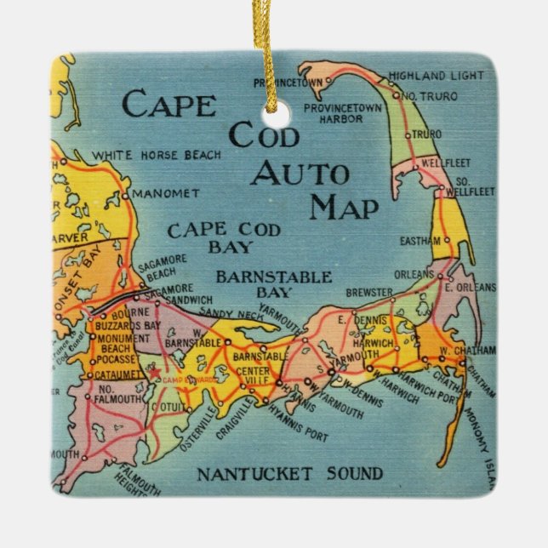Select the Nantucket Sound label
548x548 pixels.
pyautogui.click(x=289, y=474)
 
